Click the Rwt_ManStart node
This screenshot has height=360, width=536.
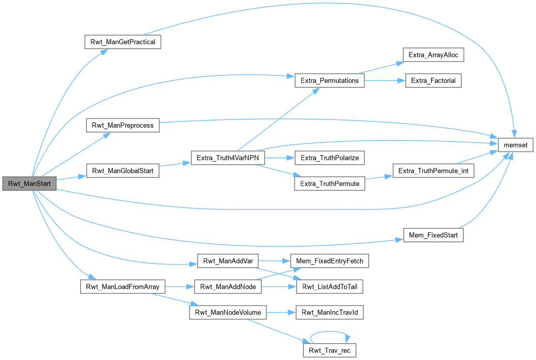(x=29, y=184)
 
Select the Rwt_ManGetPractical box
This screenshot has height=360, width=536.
(x=122, y=42)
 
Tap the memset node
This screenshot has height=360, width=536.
(x=516, y=145)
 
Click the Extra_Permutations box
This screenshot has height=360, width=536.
(x=329, y=80)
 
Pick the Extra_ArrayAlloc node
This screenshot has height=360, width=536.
(x=433, y=54)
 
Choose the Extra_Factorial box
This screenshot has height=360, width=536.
(x=433, y=80)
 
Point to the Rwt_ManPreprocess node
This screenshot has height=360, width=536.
(x=122, y=125)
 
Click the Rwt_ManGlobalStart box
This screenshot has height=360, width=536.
(x=122, y=171)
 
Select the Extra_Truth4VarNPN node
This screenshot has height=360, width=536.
(x=228, y=158)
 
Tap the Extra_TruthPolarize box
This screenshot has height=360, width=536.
(x=330, y=158)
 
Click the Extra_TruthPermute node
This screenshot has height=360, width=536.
(x=330, y=184)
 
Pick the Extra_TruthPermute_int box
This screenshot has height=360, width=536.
(x=433, y=171)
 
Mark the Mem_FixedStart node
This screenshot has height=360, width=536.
(x=433, y=235)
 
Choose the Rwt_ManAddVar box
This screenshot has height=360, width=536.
(x=228, y=261)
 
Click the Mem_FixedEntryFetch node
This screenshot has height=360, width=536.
(x=329, y=261)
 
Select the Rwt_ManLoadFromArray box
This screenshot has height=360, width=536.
(x=122, y=287)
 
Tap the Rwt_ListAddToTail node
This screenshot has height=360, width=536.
(x=330, y=287)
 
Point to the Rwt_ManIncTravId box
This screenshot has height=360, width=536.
(x=330, y=312)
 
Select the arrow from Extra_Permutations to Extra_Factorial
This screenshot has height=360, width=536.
(x=384, y=80)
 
